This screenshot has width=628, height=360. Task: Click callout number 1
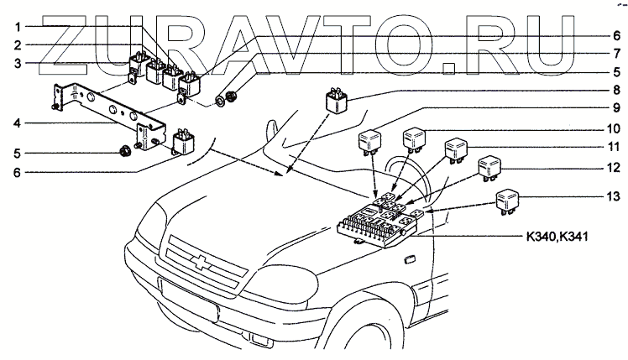17,26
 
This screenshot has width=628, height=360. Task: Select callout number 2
17,44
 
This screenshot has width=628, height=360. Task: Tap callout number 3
17,62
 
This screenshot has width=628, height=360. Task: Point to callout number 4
17,123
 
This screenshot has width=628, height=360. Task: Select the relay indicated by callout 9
371,143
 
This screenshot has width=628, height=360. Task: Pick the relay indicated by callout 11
455,149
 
